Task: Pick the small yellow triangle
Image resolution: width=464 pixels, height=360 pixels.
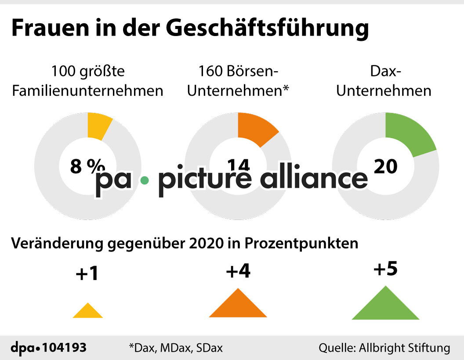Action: [x=88, y=311]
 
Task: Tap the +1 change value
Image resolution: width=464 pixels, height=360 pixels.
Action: [x=87, y=274]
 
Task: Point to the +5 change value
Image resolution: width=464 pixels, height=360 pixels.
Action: [x=385, y=269]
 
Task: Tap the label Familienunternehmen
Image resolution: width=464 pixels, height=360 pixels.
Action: [x=87, y=91]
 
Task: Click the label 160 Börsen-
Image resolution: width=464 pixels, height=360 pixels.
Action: [x=239, y=70]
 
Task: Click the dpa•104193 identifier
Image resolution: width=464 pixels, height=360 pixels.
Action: [x=48, y=348]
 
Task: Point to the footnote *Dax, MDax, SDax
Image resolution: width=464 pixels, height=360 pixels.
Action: [x=176, y=348]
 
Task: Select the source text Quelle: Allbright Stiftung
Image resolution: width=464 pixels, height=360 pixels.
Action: [x=384, y=348]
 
